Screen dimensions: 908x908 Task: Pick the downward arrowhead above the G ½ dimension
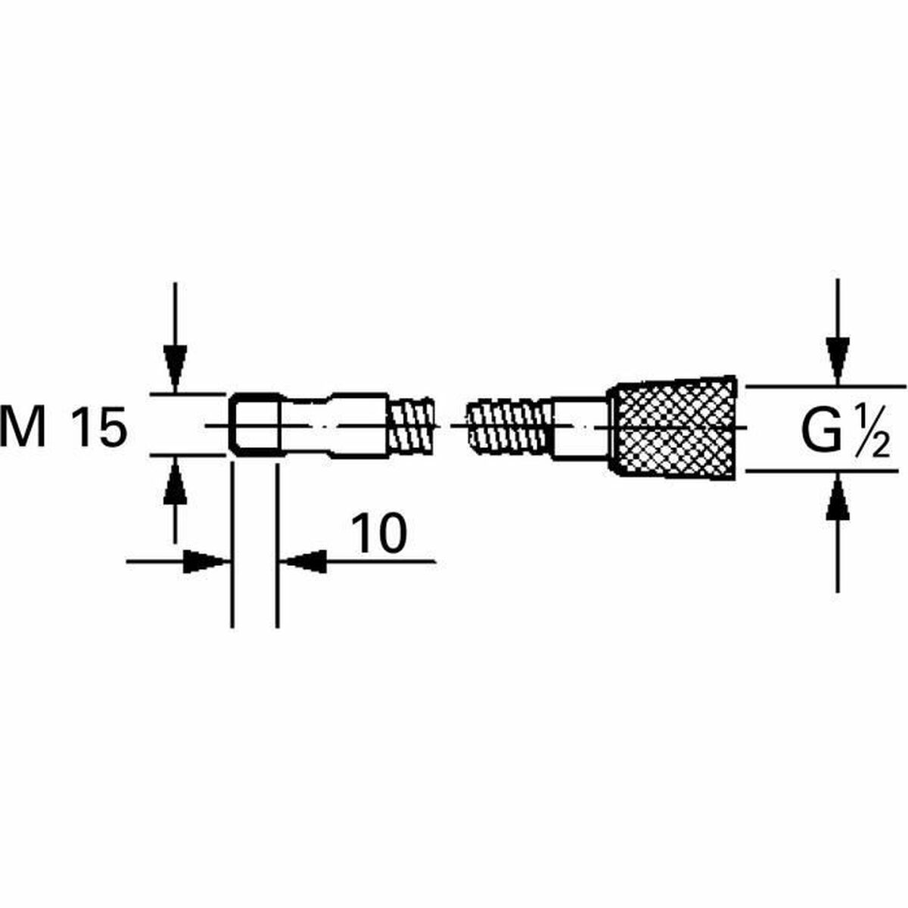point(837,359)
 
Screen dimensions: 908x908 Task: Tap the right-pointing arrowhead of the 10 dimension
point(206,561)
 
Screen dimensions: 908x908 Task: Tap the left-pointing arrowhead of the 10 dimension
point(304,561)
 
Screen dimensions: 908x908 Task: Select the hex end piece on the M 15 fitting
point(254,425)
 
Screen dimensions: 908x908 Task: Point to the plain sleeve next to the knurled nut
point(581,428)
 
